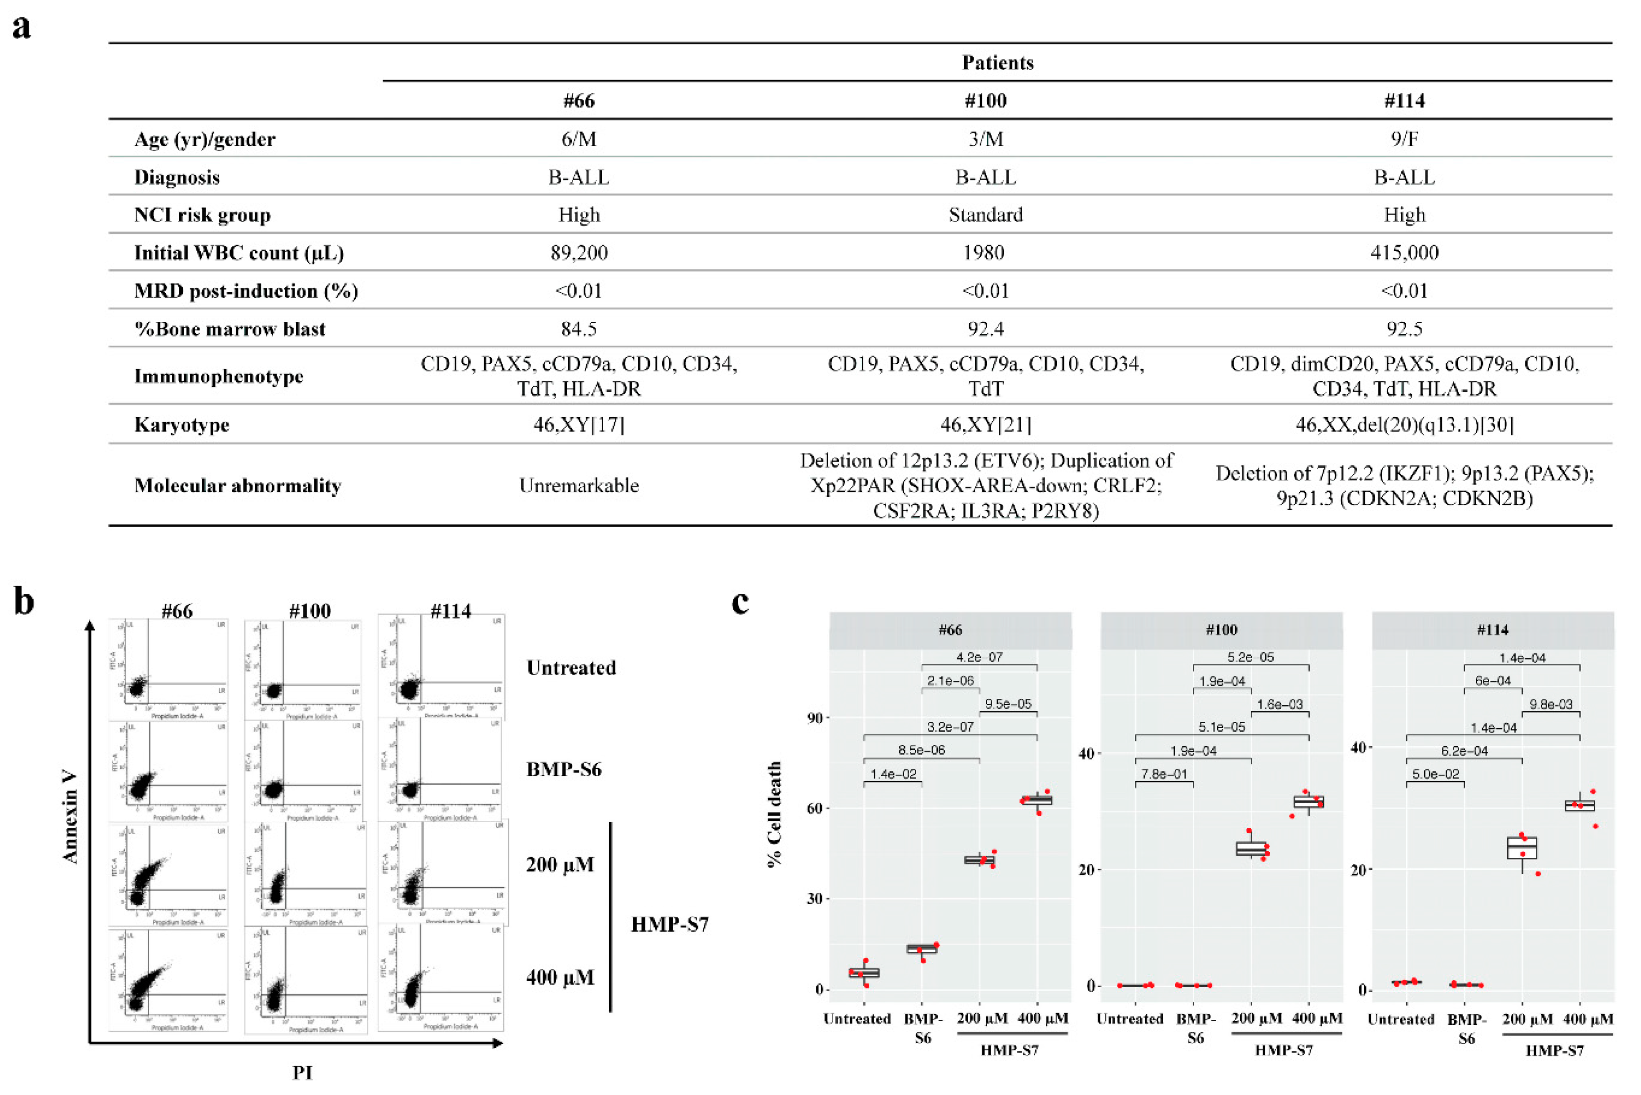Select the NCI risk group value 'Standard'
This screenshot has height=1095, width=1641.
[x=985, y=215]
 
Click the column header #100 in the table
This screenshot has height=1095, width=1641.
[x=985, y=101]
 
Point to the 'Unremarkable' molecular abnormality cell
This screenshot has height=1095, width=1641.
[x=579, y=485]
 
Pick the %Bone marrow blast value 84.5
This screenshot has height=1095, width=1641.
[x=579, y=329]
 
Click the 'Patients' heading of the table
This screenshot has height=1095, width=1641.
[x=997, y=63]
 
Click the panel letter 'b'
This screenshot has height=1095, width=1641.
[x=24, y=602]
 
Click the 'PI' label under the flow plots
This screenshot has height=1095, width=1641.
[x=302, y=1072]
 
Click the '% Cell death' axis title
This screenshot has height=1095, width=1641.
[x=774, y=814]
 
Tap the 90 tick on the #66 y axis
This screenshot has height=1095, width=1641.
[x=814, y=718]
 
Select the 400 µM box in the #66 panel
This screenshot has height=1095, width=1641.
[x=1037, y=800]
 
